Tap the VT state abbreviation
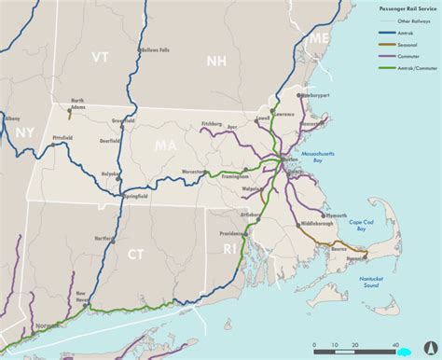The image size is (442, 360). click(x=100, y=59)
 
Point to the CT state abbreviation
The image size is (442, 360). click(x=137, y=252)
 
